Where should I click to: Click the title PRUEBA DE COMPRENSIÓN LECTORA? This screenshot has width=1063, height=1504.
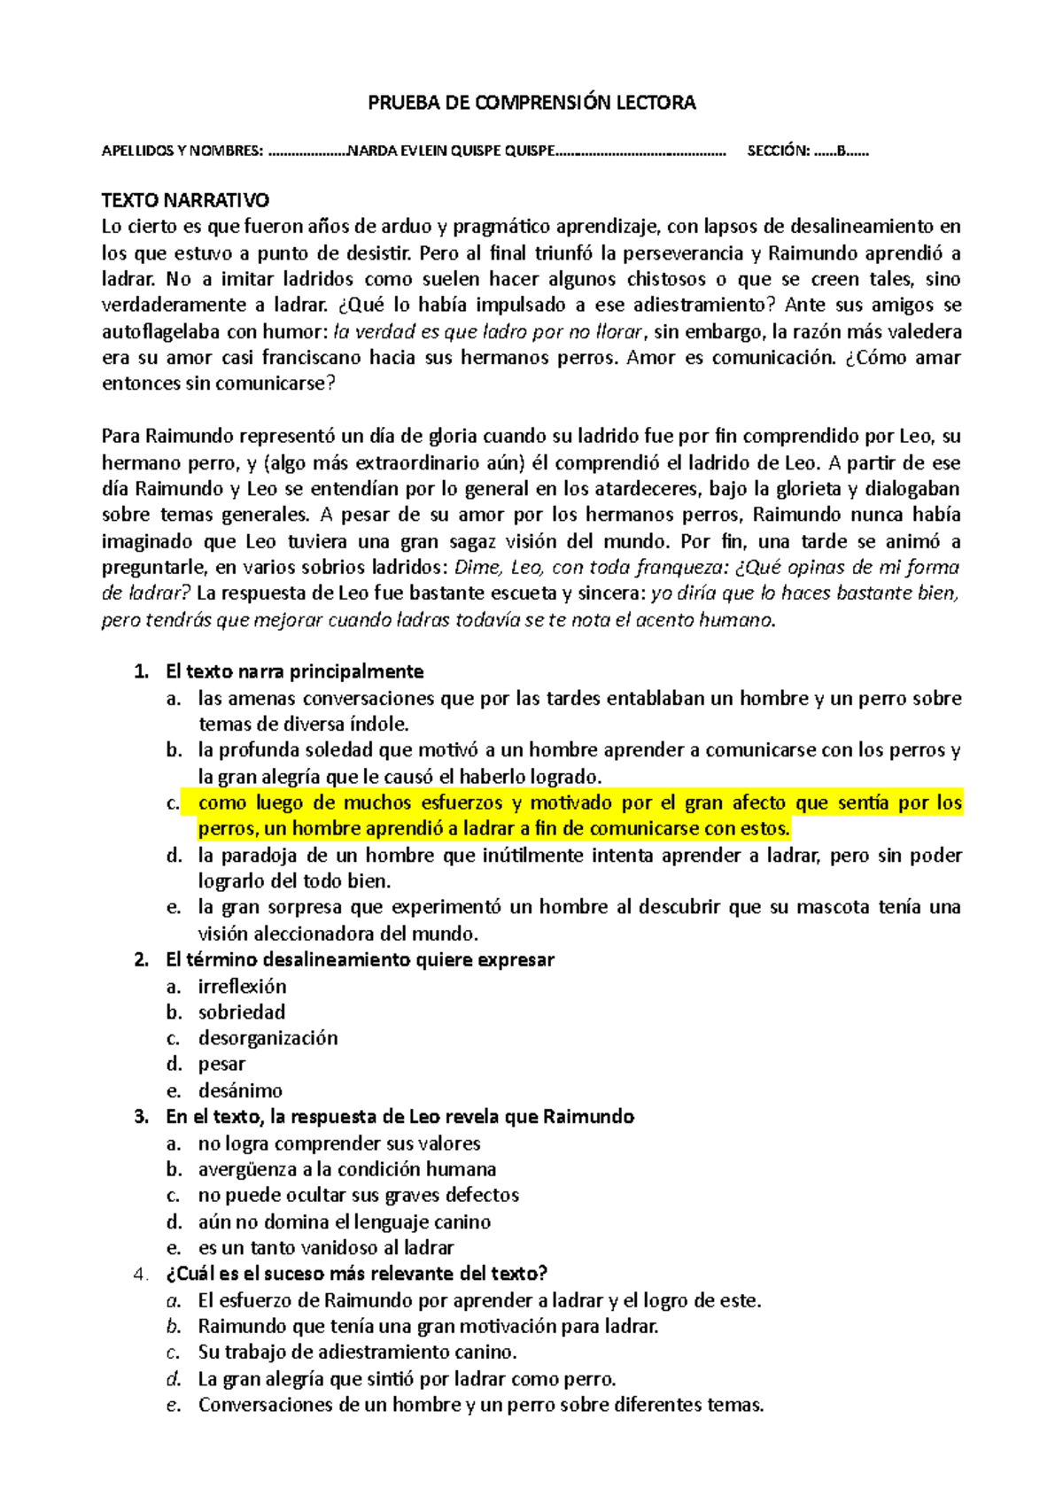point(531,103)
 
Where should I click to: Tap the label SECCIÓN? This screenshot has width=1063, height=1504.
point(778,151)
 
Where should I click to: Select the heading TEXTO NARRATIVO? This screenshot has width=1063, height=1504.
point(185,200)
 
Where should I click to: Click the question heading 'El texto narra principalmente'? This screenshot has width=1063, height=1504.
point(294,671)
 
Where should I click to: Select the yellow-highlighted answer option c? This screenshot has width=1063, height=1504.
point(579,816)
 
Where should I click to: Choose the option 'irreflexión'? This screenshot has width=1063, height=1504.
point(242,986)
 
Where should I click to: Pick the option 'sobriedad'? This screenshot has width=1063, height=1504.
point(241,1012)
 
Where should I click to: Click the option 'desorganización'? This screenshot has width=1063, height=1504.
point(268,1038)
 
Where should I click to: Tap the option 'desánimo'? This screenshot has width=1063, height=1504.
point(240,1090)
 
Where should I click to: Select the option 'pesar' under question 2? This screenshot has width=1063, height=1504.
point(221,1064)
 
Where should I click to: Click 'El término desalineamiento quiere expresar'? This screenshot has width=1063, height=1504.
point(360,960)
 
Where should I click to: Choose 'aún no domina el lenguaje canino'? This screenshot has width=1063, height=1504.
point(344,1221)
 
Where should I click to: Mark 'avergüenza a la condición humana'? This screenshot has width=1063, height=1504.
point(346,1169)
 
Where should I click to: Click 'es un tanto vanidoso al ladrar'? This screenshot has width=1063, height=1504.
point(325,1248)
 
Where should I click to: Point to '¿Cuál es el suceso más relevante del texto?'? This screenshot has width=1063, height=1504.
point(356,1274)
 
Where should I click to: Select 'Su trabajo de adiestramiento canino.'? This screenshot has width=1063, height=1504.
point(357,1353)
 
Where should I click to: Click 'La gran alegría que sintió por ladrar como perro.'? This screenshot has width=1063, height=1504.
point(407,1379)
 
